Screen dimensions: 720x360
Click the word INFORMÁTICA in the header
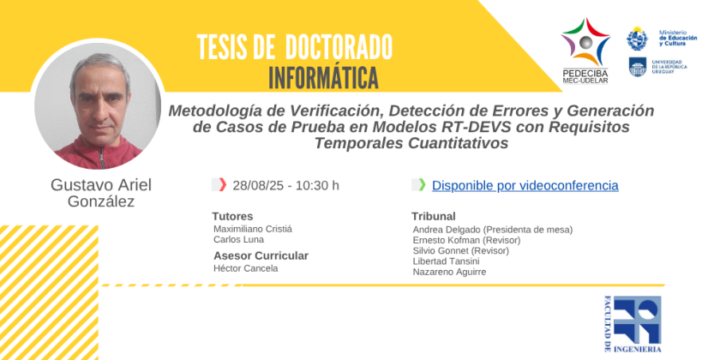(323, 78)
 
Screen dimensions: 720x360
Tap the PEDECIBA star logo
(585, 42)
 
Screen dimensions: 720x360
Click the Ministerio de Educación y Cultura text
(678, 38)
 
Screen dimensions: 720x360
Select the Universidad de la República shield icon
(638, 67)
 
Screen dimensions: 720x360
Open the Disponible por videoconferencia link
(525, 186)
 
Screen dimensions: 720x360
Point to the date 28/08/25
(260, 186)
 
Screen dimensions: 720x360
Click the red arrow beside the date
(223, 184)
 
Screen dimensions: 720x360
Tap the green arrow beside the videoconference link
(423, 184)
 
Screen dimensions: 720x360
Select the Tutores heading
(232, 216)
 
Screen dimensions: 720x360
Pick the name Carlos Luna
(239, 240)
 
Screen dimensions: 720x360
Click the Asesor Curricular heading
(261, 255)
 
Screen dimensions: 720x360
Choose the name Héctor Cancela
(246, 268)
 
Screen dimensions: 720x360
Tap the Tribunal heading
(434, 216)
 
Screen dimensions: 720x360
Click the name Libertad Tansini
(445, 261)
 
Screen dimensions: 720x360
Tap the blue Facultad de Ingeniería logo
(633, 324)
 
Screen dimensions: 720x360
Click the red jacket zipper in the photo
(101, 159)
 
